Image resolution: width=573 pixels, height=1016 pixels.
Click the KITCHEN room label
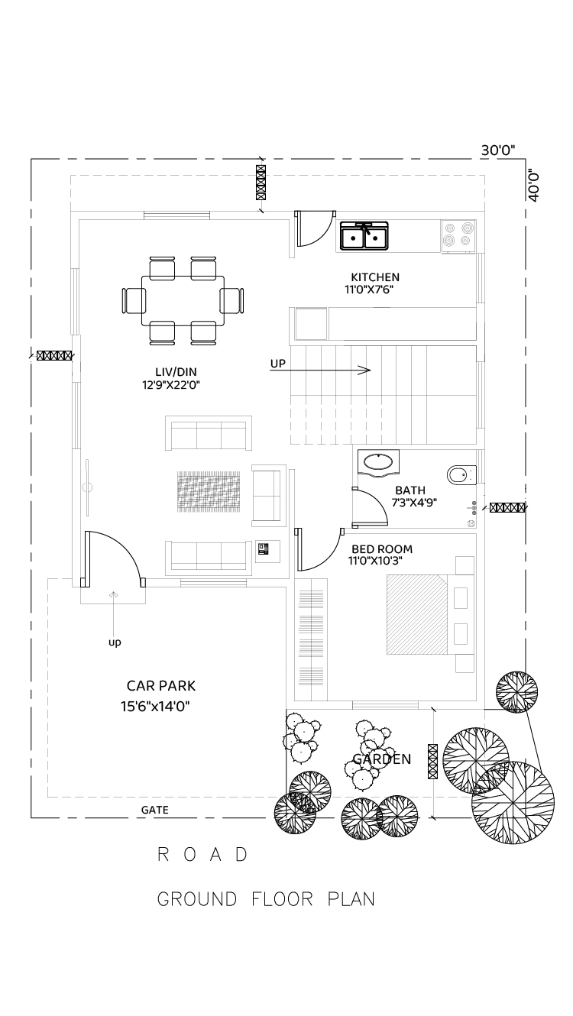pyautogui.click(x=374, y=277)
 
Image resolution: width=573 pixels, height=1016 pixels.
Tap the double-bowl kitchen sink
pyautogui.click(x=364, y=236)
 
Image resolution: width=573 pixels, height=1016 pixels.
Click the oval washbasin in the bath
pyautogui.click(x=378, y=463)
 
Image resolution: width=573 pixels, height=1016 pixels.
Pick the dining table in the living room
pyautogui.click(x=183, y=301)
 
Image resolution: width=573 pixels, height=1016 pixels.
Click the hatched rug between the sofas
pyautogui.click(x=209, y=491)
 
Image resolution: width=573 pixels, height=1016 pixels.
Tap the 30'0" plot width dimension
pyautogui.click(x=497, y=150)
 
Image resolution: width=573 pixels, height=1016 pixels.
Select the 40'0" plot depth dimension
pyautogui.click(x=534, y=186)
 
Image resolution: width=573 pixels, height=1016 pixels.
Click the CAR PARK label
pyautogui.click(x=161, y=686)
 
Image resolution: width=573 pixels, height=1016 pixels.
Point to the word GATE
pyautogui.click(x=154, y=810)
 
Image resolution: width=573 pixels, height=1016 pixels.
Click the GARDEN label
pyautogui.click(x=382, y=759)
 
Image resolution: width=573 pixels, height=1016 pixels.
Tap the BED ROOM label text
pyautogui.click(x=382, y=548)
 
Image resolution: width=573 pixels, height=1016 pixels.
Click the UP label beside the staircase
pyautogui.click(x=277, y=364)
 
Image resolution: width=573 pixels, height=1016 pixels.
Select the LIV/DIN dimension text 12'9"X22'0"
pyautogui.click(x=171, y=385)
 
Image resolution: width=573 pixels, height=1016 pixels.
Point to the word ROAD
pyautogui.click(x=202, y=855)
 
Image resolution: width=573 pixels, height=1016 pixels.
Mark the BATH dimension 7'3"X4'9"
pyautogui.click(x=414, y=503)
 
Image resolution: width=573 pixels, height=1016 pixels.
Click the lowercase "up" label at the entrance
pyautogui.click(x=115, y=642)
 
